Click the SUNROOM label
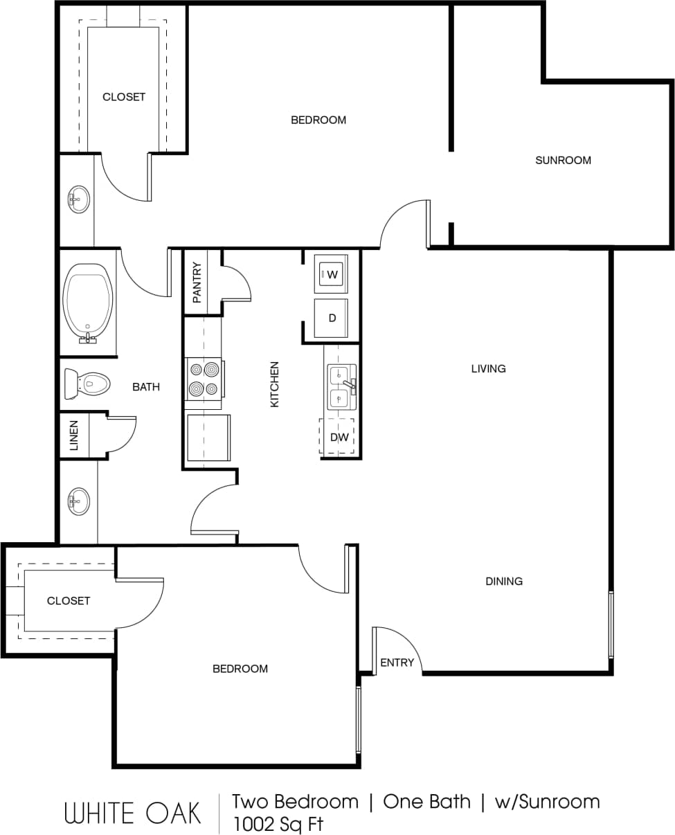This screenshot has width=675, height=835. coord(563,160)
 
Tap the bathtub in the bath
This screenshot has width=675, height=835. coord(88,302)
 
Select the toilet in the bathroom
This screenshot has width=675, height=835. coord(88,383)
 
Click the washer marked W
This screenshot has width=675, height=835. coord(331,274)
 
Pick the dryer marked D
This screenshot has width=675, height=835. coord(332,318)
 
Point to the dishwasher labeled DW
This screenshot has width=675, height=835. coord(339,437)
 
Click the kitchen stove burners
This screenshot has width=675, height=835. coord(204,379)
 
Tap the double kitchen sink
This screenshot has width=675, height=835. coord(340,386)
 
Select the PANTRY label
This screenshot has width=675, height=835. coord(197,282)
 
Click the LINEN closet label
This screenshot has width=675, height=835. coord(74,435)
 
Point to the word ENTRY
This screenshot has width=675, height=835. coord(397,663)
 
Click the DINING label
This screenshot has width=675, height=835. coord(503,581)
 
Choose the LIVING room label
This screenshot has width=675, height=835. coord(488,368)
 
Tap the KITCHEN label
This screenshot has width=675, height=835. coord(275,384)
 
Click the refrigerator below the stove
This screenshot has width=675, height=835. coord(208,437)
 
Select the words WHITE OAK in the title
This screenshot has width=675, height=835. coord(133,813)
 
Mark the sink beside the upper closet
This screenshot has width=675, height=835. coord(78,199)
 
